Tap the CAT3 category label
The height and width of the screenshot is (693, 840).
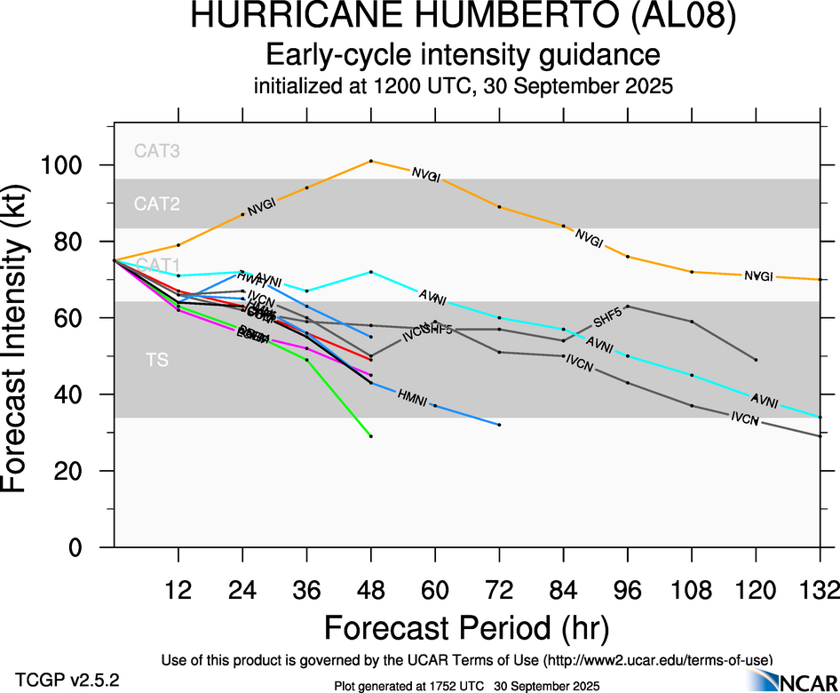pos(157,151)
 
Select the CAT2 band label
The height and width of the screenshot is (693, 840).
pos(157,204)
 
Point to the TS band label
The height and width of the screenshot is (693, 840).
pos(157,360)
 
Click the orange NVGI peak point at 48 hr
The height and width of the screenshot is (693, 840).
pos(371,161)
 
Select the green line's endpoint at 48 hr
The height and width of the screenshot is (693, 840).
pos(371,436)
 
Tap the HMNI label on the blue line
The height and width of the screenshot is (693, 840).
pos(414,397)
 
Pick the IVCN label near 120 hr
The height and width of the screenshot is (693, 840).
pos(745,418)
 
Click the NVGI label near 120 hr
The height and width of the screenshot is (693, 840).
pos(758,276)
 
